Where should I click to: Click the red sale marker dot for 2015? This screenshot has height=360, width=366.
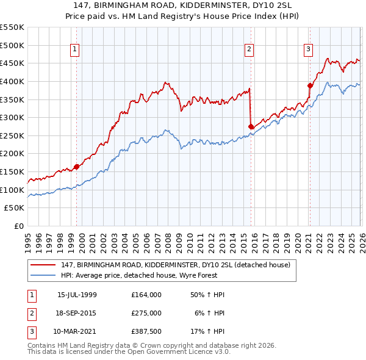(x=251, y=126)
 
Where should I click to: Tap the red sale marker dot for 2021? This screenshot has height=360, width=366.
(x=310, y=85)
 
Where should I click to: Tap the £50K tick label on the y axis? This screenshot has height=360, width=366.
(x=15, y=208)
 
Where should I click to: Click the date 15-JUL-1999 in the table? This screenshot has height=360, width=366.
(x=77, y=295)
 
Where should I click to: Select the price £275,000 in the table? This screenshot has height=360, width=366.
(x=146, y=313)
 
